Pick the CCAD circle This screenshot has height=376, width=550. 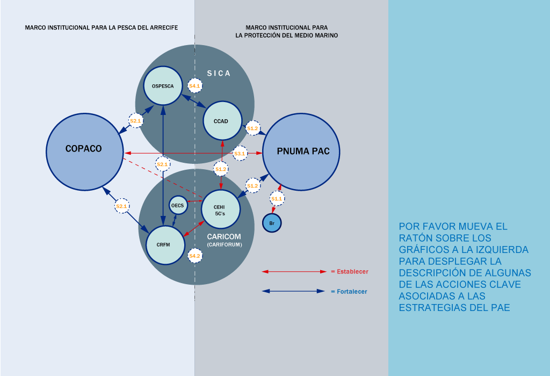(x=221, y=121)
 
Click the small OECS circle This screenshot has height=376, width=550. (x=177, y=205)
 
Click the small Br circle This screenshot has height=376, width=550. (x=272, y=222)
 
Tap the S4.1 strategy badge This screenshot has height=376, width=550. (x=194, y=86)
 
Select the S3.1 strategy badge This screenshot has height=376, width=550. (x=240, y=154)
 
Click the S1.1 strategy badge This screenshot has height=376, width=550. (x=276, y=199)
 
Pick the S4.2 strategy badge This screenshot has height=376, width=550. (x=194, y=256)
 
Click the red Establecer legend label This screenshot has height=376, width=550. (x=350, y=272)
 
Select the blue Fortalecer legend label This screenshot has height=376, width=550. (x=349, y=292)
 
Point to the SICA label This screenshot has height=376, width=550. (x=219, y=74)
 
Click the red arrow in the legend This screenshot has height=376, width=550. (x=294, y=272)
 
